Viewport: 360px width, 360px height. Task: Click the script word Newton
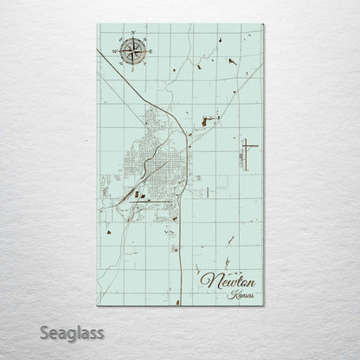(x=222, y=281)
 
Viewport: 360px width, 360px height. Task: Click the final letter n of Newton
(x=243, y=283)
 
